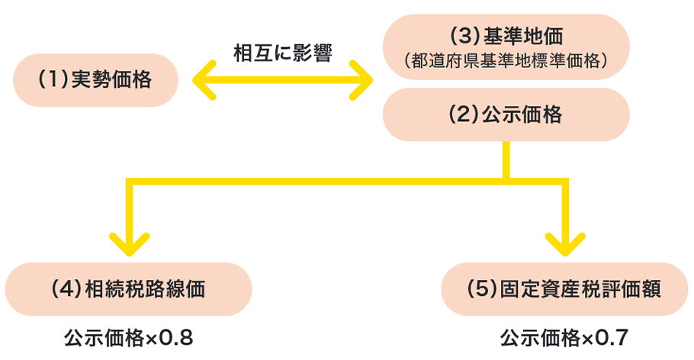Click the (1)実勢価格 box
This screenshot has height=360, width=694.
[x=96, y=80]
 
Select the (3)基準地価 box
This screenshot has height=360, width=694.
[x=506, y=46]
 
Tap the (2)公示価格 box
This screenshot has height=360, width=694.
[x=506, y=114]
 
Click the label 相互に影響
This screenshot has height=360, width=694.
[x=282, y=53]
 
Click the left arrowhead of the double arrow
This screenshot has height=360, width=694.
[x=203, y=80]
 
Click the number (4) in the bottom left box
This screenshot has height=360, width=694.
[x=64, y=289]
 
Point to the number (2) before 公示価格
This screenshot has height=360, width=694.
[x=464, y=114]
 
